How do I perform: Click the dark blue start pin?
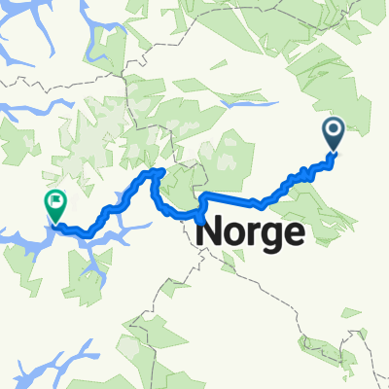point(333,132)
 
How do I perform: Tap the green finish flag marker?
point(54,203)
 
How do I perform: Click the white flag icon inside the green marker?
point(55,201)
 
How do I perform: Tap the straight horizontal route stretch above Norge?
point(229,199)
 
